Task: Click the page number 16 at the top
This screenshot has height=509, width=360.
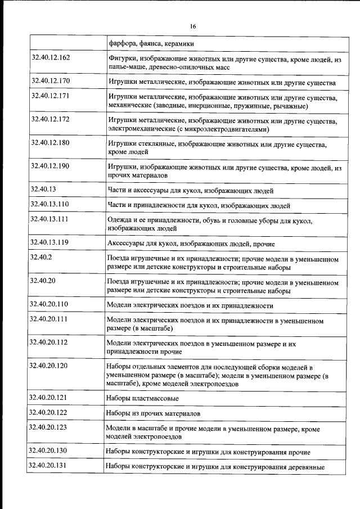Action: pyautogui.click(x=192, y=26)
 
